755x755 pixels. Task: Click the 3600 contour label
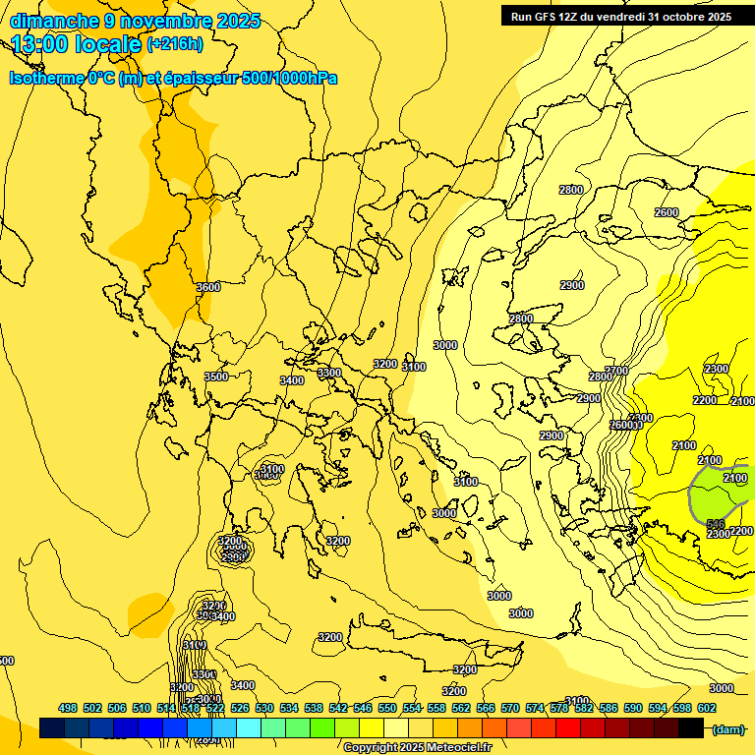click(208, 287)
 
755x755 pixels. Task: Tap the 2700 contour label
click(615, 371)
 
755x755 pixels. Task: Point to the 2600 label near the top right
click(666, 212)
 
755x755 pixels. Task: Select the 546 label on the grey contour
click(715, 524)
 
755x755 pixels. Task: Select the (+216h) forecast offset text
click(174, 43)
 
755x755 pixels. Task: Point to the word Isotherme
click(45, 78)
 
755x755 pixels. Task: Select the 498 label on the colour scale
click(68, 708)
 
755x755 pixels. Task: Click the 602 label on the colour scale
click(707, 708)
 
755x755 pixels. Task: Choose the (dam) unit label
click(727, 729)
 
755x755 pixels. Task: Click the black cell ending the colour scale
click(691, 728)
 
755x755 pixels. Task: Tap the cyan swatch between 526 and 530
click(249, 728)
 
